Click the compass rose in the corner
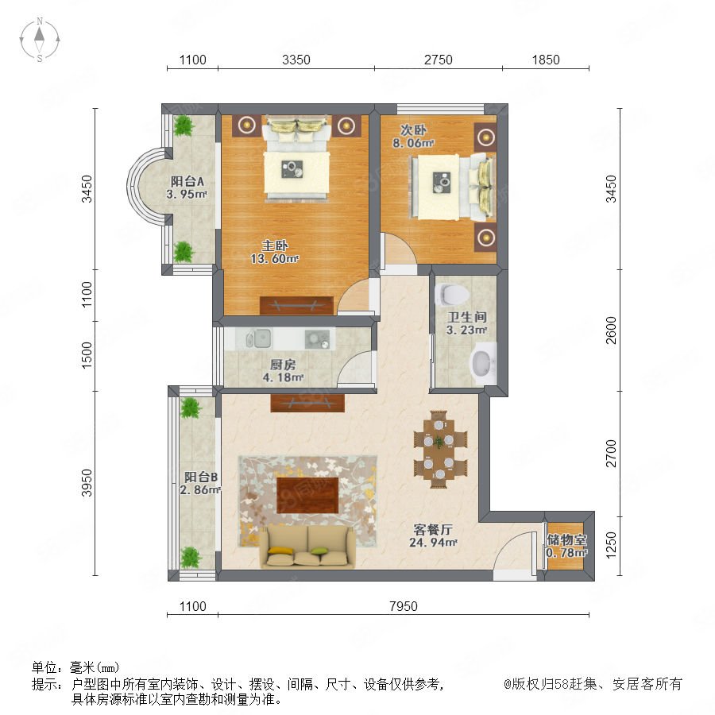click(x=40, y=40)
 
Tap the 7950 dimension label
click(x=403, y=606)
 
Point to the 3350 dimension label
click(x=296, y=60)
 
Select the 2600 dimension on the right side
click(x=611, y=330)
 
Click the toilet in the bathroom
click(x=451, y=294)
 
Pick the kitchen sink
click(x=258, y=338)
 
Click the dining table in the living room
click(x=439, y=449)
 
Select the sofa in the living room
click(x=307, y=547)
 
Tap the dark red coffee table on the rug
click(x=307, y=495)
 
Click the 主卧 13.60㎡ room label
click(x=275, y=252)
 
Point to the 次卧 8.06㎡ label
click(x=413, y=137)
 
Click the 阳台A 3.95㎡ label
click(x=187, y=187)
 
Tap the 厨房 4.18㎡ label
click(x=283, y=371)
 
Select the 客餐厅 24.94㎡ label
click(x=433, y=535)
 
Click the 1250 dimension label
click(x=611, y=544)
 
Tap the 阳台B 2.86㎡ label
click(x=201, y=483)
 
